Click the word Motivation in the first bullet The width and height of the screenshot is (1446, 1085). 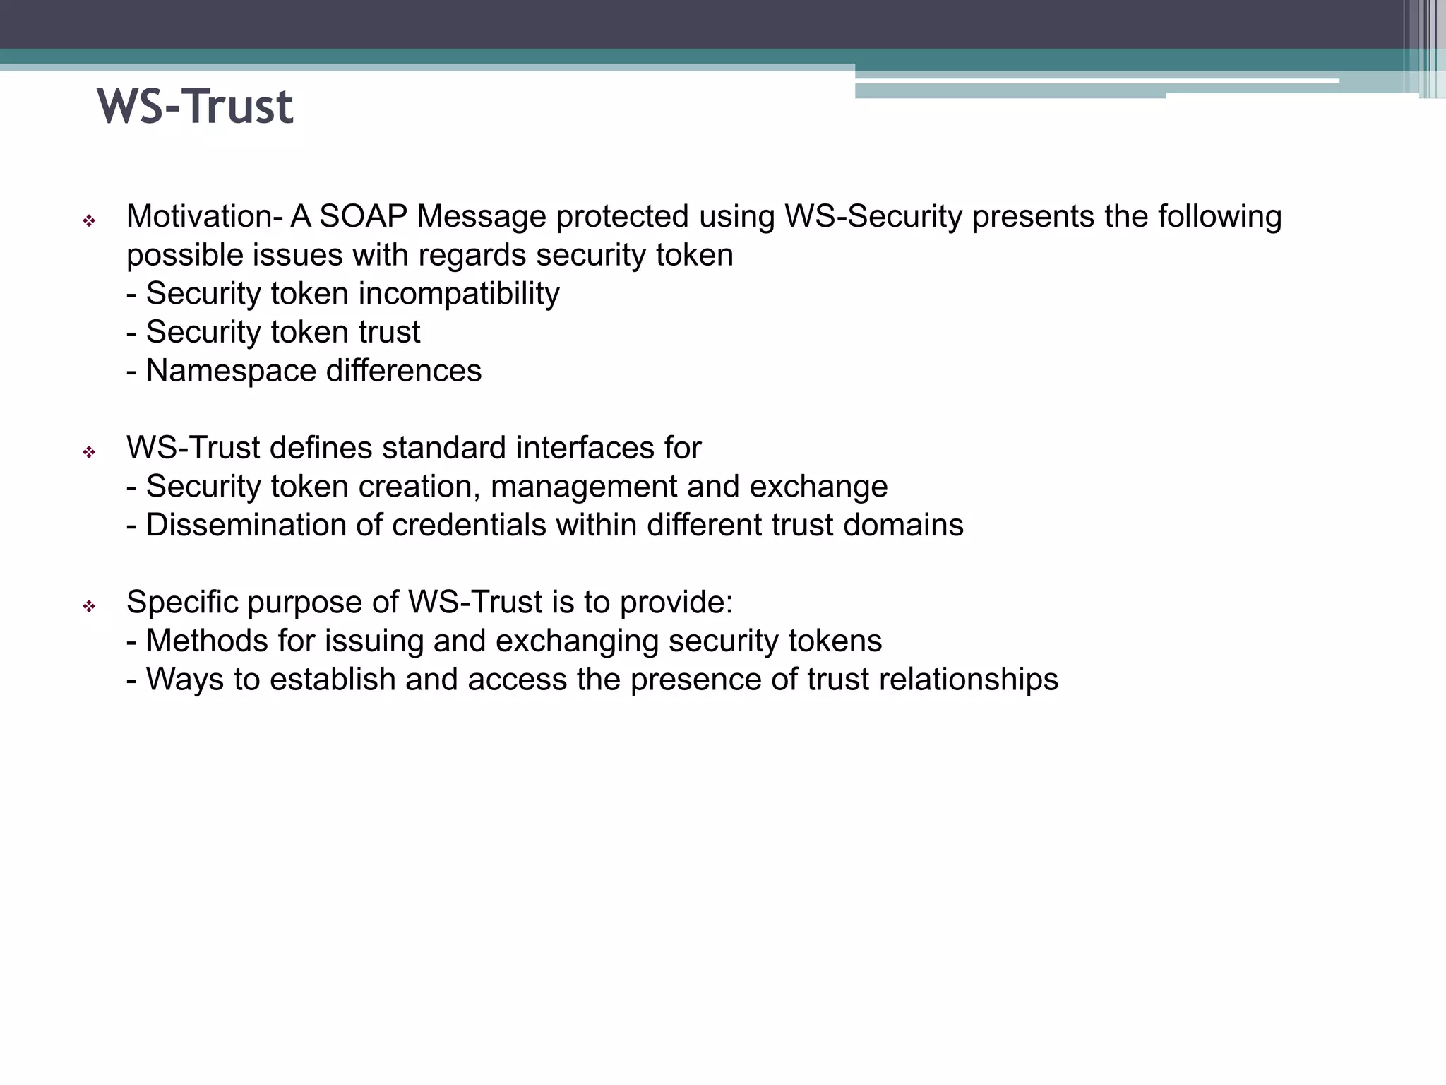point(199,217)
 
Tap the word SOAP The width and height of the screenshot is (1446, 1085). point(363,217)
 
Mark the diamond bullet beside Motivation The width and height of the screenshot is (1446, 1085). point(89,222)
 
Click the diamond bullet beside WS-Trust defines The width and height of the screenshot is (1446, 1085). point(89,453)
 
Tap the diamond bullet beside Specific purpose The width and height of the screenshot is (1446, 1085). point(89,607)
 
